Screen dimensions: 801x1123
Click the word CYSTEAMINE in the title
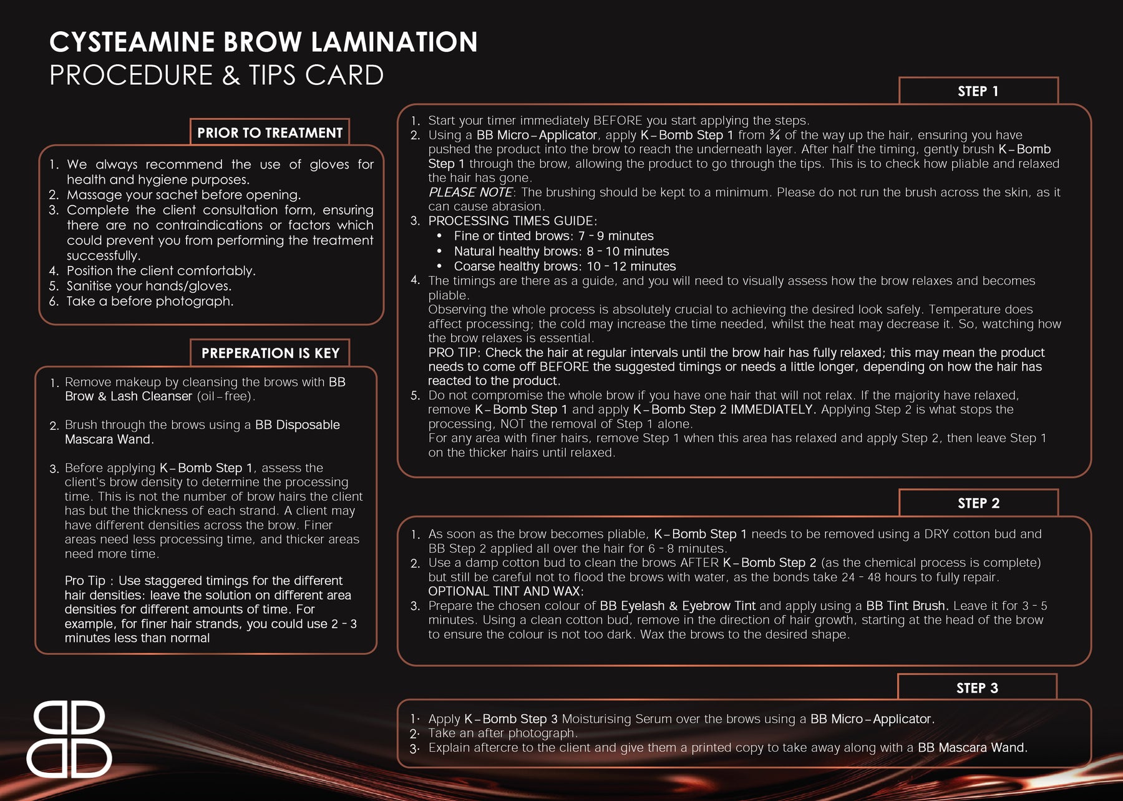click(132, 42)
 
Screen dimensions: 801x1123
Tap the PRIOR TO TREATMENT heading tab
click(270, 133)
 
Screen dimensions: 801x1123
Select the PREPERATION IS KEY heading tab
click(270, 353)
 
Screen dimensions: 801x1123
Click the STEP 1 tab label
click(978, 91)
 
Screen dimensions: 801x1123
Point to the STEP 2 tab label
click(978, 503)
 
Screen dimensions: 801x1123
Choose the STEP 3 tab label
click(977, 688)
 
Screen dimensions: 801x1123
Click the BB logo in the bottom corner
click(69, 739)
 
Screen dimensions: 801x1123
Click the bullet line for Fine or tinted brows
click(553, 236)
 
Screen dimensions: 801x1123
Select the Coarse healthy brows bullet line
click(565, 267)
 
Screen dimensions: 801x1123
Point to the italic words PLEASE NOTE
click(470, 192)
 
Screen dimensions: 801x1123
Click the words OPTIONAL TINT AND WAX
click(505, 591)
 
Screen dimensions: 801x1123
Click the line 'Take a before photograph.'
click(150, 302)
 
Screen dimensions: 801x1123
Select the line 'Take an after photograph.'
click(503, 733)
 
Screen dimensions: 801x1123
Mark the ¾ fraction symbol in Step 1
click(774, 135)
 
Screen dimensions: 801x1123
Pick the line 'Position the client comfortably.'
click(161, 271)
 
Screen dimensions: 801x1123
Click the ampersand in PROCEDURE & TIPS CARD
click(231, 76)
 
